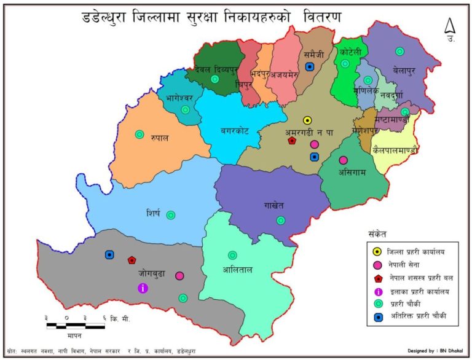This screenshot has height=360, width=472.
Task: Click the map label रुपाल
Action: click(159, 138)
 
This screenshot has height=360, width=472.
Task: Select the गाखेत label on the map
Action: click(274, 204)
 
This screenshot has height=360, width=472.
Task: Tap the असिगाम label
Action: click(352, 173)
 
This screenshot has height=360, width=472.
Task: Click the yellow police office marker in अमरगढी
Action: click(308, 120)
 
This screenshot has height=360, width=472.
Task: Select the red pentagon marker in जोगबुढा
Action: click(132, 260)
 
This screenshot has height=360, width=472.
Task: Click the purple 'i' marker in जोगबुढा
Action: click(143, 288)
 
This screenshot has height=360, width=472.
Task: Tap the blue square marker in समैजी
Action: click(310, 66)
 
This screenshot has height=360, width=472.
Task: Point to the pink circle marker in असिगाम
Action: click(344, 160)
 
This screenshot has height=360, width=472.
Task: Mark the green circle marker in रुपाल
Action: click(140, 134)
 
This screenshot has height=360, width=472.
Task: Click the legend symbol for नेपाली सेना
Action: click(376, 264)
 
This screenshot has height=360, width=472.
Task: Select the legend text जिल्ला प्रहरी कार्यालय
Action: click(416, 251)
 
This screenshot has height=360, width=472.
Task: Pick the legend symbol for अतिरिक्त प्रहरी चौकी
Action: click(376, 317)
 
